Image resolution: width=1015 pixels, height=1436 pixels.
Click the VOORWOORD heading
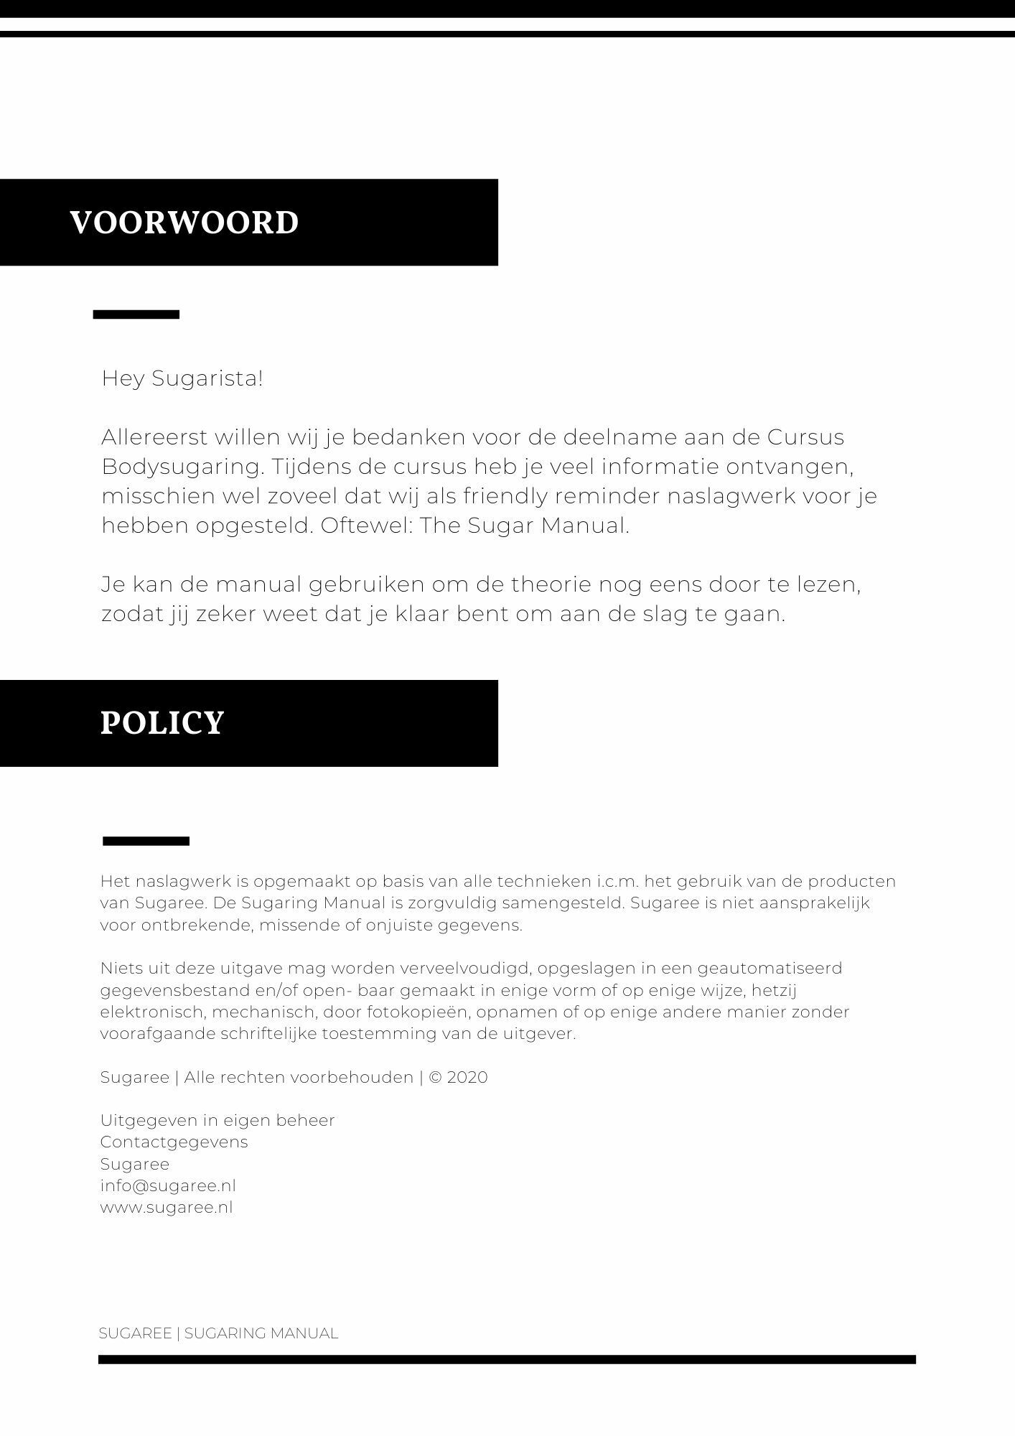(184, 223)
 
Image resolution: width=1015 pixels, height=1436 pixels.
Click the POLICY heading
(162, 722)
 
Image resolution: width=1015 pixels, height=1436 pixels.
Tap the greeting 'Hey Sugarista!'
(182, 378)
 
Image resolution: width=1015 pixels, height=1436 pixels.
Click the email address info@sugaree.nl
(168, 1185)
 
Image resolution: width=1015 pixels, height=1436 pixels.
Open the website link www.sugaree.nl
(167, 1207)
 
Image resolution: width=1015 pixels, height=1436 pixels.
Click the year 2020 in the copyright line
(467, 1077)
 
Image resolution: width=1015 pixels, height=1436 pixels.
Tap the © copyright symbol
(435, 1077)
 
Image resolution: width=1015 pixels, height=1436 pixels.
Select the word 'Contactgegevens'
(174, 1142)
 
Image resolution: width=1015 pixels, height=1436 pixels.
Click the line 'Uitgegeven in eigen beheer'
(217, 1120)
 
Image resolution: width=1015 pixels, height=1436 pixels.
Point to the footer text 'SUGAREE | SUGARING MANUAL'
(218, 1333)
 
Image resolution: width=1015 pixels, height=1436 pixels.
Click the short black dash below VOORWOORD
(136, 314)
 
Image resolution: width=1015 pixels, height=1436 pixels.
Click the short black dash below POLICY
(146, 841)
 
